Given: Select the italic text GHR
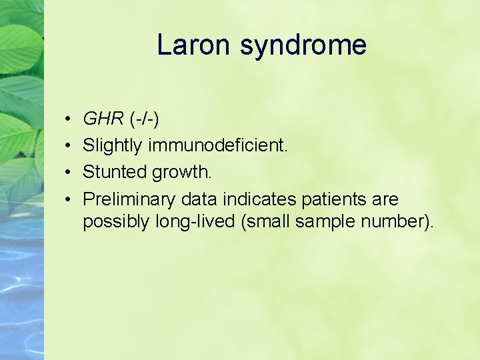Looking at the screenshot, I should [103, 119].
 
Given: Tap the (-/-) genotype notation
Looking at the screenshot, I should [144, 119].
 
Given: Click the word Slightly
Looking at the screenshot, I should [112, 146].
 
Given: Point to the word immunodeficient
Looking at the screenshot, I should [217, 146].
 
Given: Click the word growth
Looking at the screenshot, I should [181, 173].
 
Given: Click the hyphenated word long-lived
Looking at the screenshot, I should [196, 222].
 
